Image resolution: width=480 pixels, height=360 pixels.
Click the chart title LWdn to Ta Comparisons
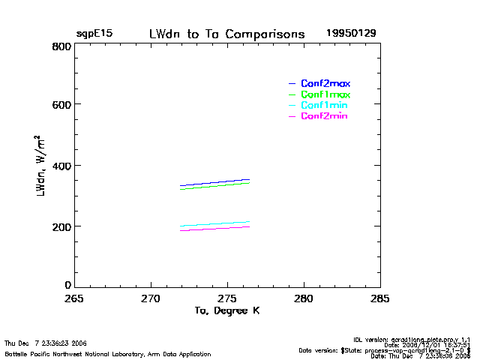pos(226,34)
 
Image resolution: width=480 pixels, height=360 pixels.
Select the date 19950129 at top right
pos(351,34)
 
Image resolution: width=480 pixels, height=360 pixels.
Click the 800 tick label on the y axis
pos(62,46)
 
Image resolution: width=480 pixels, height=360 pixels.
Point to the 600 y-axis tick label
pos(62,106)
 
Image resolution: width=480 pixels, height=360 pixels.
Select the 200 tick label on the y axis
pos(62,226)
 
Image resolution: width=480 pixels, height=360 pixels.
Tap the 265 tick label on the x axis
pos(75,298)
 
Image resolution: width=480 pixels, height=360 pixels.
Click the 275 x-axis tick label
pos(228,298)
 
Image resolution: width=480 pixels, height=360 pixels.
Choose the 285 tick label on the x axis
pos(381,298)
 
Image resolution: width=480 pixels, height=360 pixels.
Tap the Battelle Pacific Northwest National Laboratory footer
pos(108,353)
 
